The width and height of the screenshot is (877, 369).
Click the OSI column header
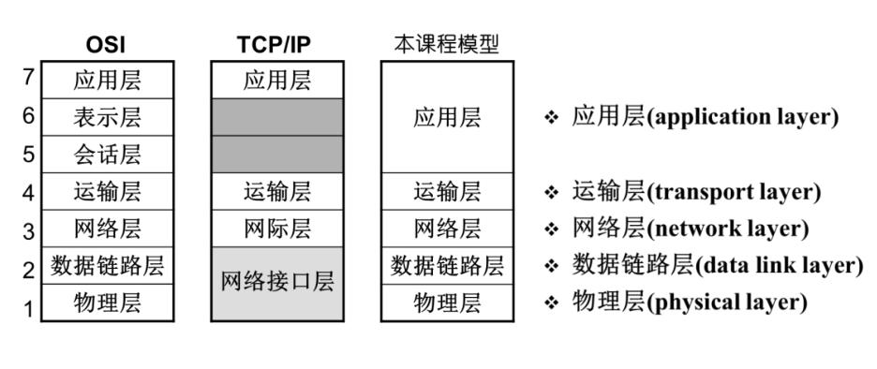(107, 45)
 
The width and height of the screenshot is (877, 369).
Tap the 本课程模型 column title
(445, 45)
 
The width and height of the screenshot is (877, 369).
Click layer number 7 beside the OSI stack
(28, 79)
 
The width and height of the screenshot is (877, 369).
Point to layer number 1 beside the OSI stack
(28, 306)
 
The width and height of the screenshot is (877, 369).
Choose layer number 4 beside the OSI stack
(28, 192)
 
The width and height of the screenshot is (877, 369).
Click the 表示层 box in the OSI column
(107, 117)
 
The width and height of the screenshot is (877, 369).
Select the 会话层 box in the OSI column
(107, 155)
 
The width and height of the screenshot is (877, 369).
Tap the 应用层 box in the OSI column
(107, 80)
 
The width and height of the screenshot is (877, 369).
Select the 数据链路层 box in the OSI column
(107, 266)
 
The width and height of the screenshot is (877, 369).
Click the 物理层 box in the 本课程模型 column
(447, 303)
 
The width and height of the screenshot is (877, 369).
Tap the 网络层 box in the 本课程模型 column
(447, 229)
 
